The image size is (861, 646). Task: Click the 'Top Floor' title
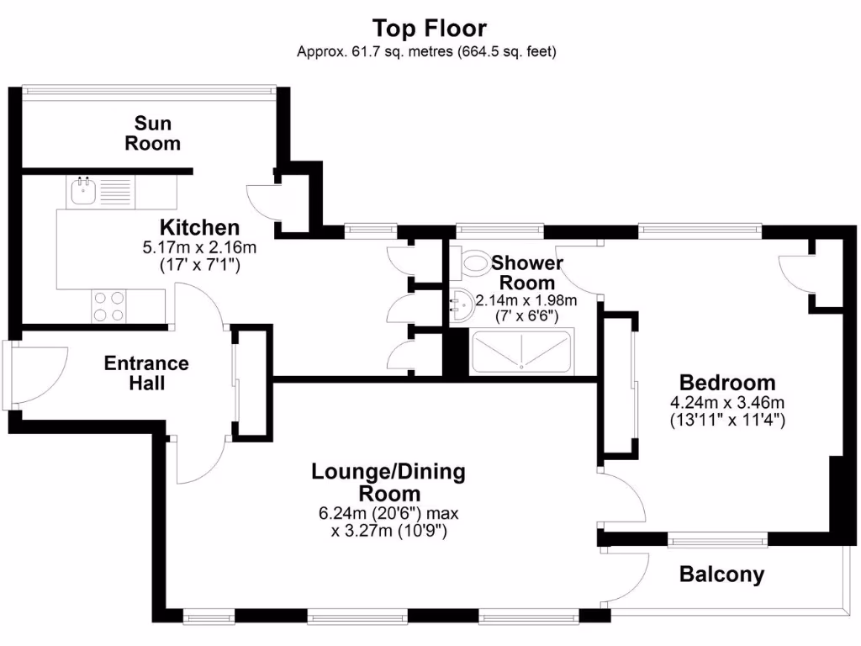pyautogui.click(x=429, y=28)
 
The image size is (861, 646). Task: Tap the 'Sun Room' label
pyautogui.click(x=153, y=134)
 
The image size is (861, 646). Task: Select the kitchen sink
pyautogui.click(x=84, y=191)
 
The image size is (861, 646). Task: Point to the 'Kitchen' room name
pyautogui.click(x=200, y=227)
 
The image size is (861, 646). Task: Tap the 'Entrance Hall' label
pyautogui.click(x=146, y=373)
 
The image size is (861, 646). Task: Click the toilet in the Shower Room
pyautogui.click(x=473, y=264)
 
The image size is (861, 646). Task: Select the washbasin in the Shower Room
pyautogui.click(x=462, y=304)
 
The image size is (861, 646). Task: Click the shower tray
pyautogui.click(x=521, y=352)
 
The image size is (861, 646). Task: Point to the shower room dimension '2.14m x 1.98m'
pyautogui.click(x=526, y=300)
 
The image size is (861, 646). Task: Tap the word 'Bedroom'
pyautogui.click(x=727, y=381)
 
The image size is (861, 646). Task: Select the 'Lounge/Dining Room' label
pyautogui.click(x=388, y=482)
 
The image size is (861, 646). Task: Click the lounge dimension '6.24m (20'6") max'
pyautogui.click(x=388, y=512)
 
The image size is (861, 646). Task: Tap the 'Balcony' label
pyautogui.click(x=721, y=575)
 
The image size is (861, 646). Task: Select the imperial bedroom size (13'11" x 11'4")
pyautogui.click(x=727, y=418)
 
